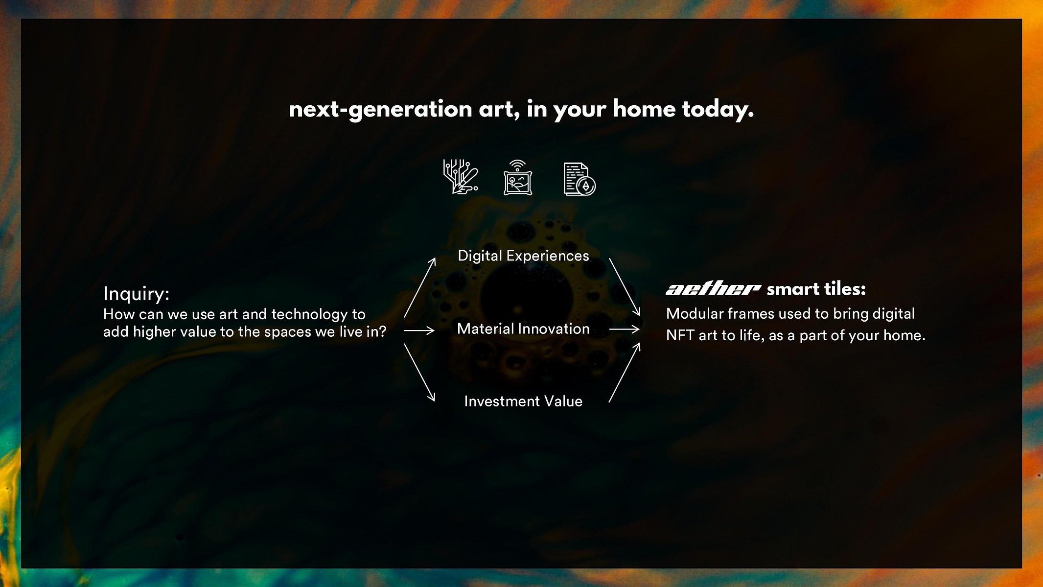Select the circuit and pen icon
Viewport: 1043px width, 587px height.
[461, 177]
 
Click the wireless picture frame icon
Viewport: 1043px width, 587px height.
[518, 177]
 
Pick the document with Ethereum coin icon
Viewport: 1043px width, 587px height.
[579, 179]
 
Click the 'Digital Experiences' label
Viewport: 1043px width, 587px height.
[523, 256]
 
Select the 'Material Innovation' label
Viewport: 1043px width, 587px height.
[523, 329]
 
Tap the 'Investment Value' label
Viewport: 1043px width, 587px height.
[523, 401]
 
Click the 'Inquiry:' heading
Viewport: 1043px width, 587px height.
[136, 294]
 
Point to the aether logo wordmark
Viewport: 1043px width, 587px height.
[713, 289]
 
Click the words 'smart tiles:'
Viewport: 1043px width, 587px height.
[816, 289]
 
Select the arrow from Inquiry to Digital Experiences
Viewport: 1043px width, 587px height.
[419, 288]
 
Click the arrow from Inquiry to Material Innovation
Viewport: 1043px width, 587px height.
[419, 331]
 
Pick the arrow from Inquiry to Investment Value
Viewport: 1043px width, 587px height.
[419, 373]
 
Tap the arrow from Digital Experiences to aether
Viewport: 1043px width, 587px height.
[625, 287]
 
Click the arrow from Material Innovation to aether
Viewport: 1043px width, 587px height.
[625, 329]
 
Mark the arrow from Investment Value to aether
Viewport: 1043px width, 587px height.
[625, 373]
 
